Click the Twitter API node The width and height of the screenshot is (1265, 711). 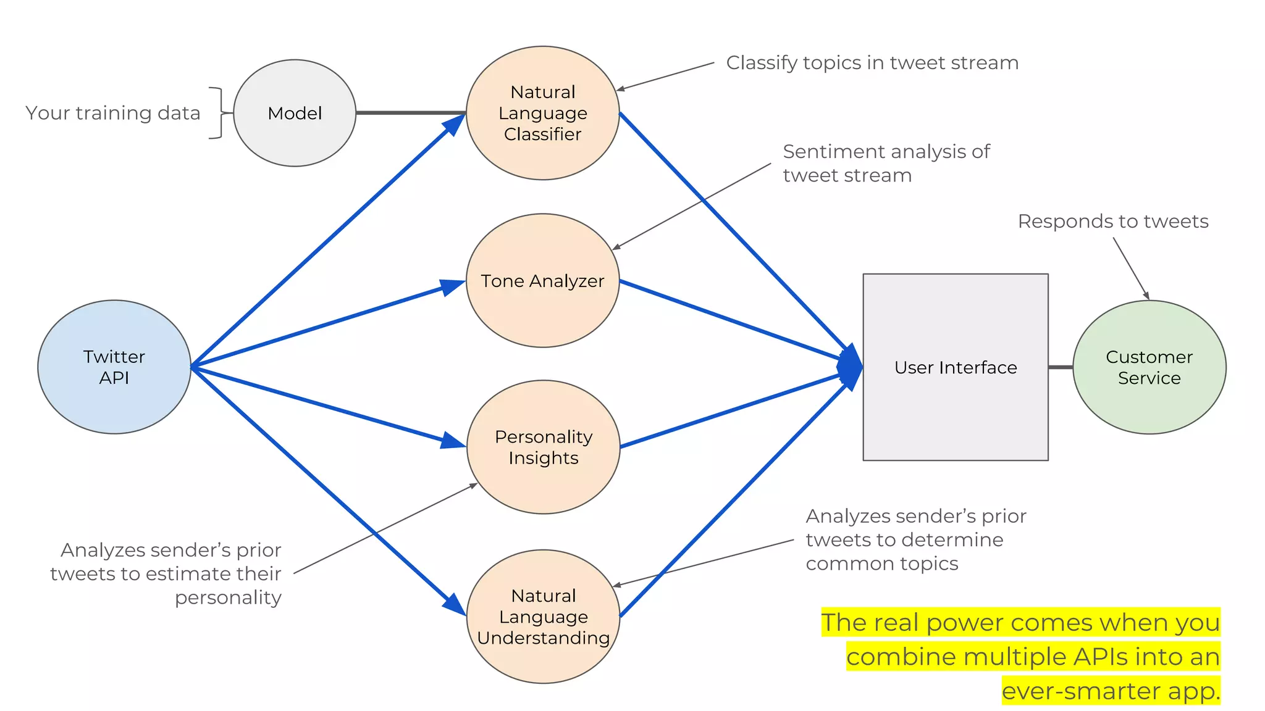click(114, 367)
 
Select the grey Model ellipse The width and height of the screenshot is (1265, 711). click(295, 113)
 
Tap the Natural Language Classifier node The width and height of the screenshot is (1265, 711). click(542, 113)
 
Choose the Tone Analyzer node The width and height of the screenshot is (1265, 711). click(542, 281)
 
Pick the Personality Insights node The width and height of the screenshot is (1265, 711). click(543, 447)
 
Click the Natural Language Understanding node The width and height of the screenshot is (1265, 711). click(543, 617)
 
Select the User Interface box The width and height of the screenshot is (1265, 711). click(955, 367)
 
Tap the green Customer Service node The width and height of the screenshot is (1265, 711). click(1149, 367)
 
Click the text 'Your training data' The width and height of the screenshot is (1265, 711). click(113, 113)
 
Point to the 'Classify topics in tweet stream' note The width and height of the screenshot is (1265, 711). click(872, 63)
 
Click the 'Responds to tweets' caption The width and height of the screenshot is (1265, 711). click(1112, 221)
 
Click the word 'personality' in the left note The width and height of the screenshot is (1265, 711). click(228, 597)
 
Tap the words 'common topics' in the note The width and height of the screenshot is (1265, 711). click(881, 563)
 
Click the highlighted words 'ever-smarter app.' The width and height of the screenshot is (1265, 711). click(1111, 691)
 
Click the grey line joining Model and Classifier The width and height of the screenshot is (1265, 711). click(411, 113)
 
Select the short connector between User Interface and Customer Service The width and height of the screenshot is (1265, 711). click(1060, 367)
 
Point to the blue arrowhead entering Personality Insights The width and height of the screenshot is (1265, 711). click(453, 441)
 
